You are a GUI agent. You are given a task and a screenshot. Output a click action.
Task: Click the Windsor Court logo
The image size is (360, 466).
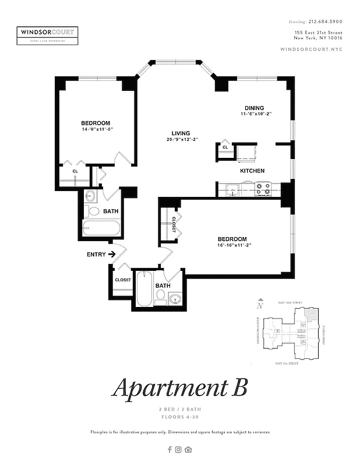pos(48,34)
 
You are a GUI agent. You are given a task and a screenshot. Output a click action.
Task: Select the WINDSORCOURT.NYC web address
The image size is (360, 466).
pos(312,50)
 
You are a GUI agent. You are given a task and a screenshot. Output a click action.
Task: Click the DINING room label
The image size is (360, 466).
pos(254,108)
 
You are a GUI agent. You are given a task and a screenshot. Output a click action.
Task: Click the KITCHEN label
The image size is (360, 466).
pos(252,171)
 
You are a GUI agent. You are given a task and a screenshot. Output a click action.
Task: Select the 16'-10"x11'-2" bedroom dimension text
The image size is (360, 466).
pos(232,245)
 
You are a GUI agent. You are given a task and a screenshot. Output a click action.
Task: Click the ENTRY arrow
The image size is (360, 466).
pos(110,254)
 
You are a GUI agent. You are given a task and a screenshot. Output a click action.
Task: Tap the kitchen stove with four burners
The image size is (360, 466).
pos(263,189)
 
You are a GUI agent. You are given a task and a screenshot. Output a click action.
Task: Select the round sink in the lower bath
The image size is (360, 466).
pos(175,299)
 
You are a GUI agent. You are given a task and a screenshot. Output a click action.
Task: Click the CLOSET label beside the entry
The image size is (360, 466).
pos(123,280)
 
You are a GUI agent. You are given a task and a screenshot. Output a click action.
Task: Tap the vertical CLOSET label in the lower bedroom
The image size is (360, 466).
pos(174,225)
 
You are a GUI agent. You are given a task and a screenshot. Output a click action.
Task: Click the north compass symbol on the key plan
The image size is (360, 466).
pos(260,304)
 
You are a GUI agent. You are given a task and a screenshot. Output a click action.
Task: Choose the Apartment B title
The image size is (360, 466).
pos(179,387)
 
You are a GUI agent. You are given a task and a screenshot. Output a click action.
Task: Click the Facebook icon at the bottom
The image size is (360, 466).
pos(170,449)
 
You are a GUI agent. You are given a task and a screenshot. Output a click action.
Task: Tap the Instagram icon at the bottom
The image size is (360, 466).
pos(178,449)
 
